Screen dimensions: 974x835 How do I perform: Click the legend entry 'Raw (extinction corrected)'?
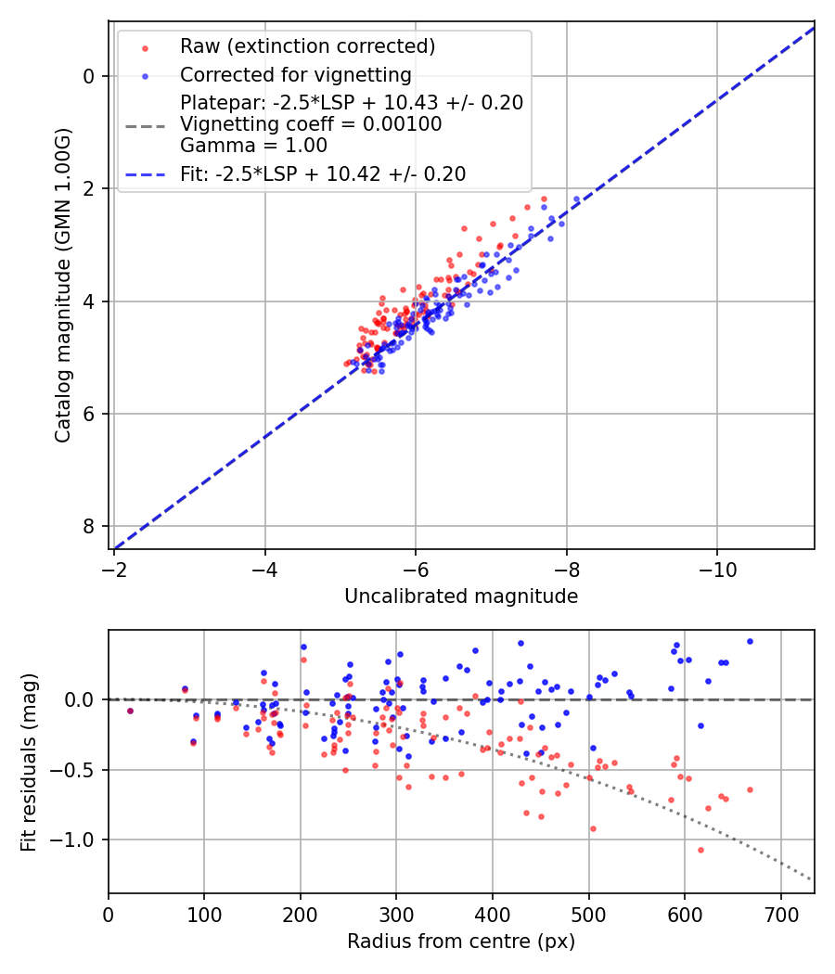click(307, 46)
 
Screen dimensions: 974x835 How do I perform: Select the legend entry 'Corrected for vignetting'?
click(295, 74)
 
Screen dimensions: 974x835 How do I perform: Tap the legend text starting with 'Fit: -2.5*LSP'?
click(322, 173)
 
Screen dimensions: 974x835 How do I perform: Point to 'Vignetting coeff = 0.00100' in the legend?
click(311, 124)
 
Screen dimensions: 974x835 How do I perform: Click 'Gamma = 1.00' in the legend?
click(253, 146)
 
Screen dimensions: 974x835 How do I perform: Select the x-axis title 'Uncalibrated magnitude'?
click(461, 596)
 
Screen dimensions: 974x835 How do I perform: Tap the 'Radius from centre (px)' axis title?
click(461, 942)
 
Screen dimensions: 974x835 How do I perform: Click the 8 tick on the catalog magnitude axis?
click(90, 527)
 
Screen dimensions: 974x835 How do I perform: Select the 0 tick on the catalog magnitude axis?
click(90, 76)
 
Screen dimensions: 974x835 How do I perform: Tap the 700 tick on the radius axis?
click(780, 910)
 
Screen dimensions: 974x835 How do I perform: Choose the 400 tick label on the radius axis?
click(493, 910)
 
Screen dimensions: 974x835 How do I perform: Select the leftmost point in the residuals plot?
click(130, 711)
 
